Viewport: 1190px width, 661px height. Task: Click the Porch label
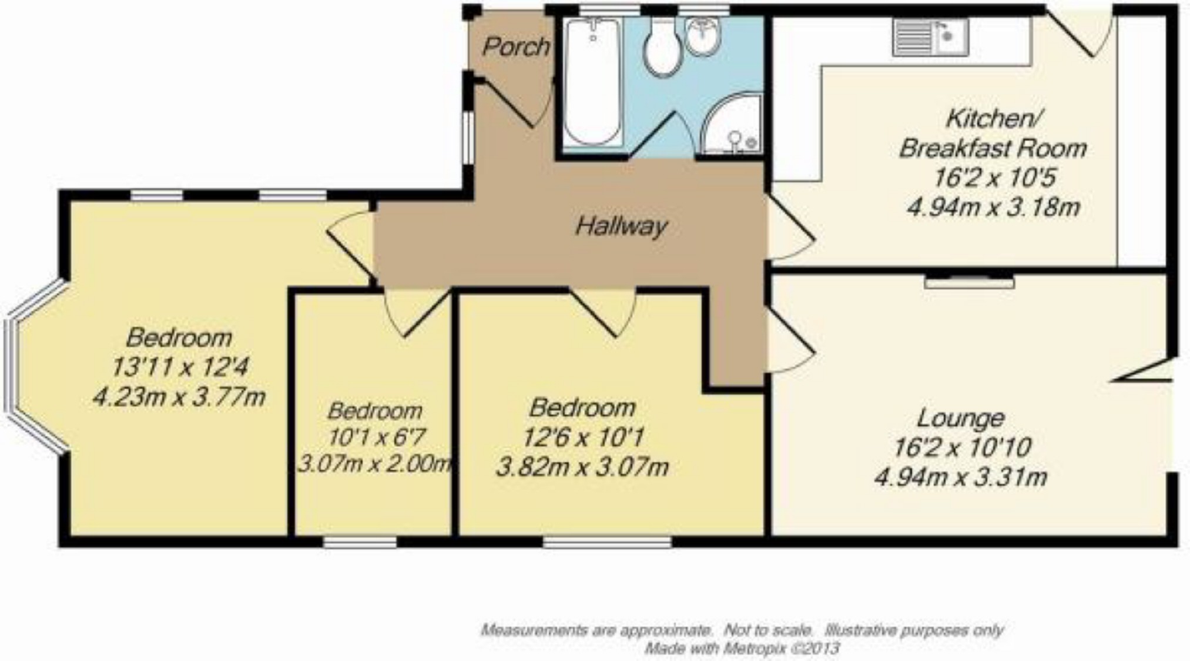[x=515, y=47]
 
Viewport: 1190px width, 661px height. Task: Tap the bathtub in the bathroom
[x=593, y=81]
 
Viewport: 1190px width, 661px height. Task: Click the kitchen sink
[x=930, y=37]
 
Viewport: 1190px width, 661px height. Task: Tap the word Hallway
[x=621, y=226]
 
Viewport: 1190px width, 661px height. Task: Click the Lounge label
[x=960, y=418]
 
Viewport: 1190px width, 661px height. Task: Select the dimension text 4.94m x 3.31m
[x=960, y=477]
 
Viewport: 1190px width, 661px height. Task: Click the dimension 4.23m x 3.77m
[x=179, y=397]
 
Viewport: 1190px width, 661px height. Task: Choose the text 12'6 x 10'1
[x=583, y=437]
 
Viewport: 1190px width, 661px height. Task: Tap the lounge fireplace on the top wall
[x=969, y=282]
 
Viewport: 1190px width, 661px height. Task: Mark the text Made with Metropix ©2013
[x=742, y=649]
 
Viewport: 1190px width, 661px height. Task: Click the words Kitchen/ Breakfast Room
[x=992, y=133]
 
